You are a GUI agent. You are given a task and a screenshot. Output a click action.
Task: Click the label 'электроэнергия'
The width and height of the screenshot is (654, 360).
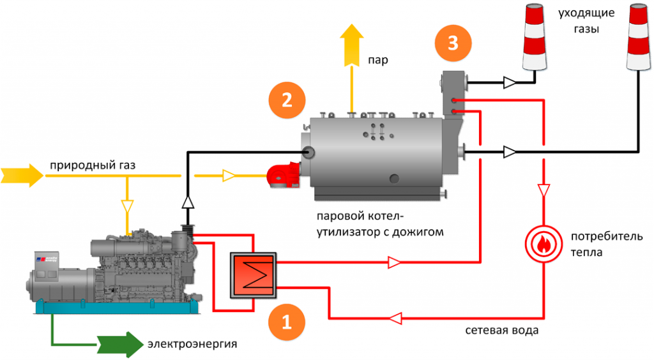(x=192, y=345)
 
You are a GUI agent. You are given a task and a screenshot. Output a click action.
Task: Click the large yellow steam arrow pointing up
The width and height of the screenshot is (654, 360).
(x=351, y=45)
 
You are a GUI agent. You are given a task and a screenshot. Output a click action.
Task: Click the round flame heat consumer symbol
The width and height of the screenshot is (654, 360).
(x=544, y=243)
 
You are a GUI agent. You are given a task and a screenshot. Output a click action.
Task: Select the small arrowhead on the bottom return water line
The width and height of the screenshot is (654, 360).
(x=397, y=318)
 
